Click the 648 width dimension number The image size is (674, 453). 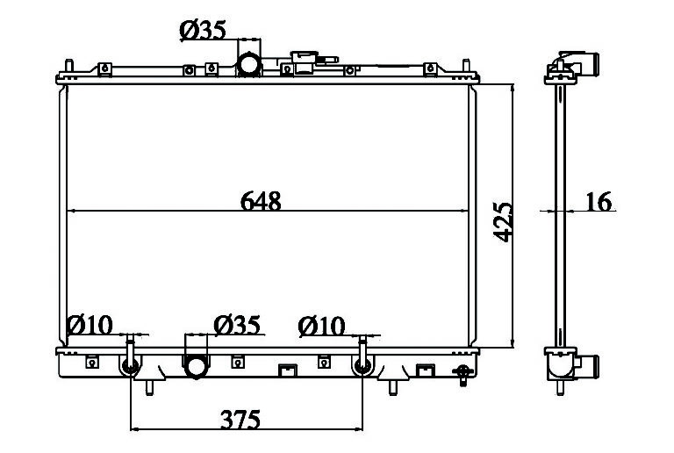coord(261,201)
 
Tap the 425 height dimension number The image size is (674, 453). coord(503,222)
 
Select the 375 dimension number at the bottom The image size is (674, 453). coord(240,420)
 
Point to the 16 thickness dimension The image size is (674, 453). coord(599,201)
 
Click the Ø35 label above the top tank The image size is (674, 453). coord(203,31)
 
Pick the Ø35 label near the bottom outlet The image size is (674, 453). coord(237,325)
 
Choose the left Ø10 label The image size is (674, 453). coord(90,325)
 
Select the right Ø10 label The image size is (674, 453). coord(321,327)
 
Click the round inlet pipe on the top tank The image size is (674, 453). coord(249,64)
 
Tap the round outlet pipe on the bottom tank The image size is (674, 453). coord(196,368)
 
